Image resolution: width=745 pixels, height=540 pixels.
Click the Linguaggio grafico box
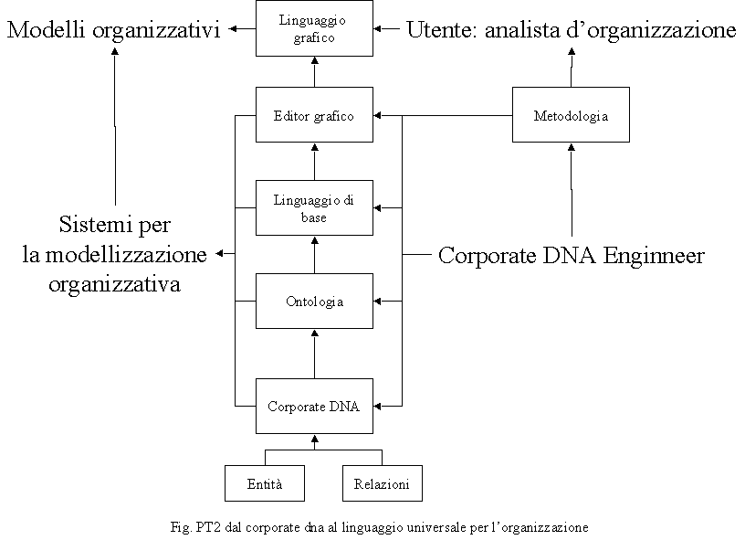pos(314,28)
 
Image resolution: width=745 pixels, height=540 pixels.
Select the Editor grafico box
pos(314,114)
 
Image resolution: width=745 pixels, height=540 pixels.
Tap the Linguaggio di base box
pos(314,207)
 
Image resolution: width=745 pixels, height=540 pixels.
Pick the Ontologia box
pos(314,301)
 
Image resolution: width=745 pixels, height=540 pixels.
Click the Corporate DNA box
pos(314,406)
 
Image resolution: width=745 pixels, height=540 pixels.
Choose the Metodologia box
pos(571,114)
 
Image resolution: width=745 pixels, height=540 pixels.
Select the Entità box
pos(265,483)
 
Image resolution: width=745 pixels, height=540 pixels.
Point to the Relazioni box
pos(382,483)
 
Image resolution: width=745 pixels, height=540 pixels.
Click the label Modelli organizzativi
pos(114,29)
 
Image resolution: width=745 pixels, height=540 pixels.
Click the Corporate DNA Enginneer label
pos(572,255)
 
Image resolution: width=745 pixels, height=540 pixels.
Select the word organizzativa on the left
pos(114,284)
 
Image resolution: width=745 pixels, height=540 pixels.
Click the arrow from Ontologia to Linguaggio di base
pos(314,254)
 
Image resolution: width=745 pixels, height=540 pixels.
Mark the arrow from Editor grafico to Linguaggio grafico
pos(314,72)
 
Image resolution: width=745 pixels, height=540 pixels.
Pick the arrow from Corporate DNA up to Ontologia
pos(314,354)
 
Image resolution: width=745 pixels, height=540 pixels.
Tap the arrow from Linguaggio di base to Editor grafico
pos(314,161)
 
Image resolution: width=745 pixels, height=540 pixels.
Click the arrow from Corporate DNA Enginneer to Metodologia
pos(572,190)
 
